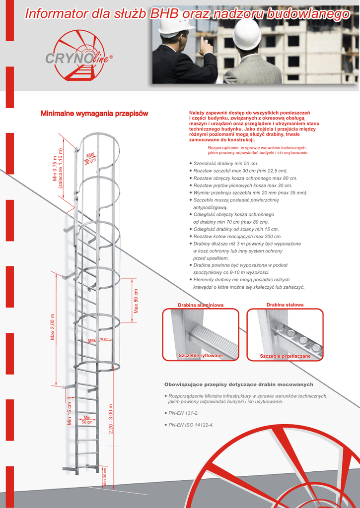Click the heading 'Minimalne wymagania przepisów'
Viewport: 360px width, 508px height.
tap(94, 114)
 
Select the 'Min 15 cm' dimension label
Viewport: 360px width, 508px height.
tap(70, 413)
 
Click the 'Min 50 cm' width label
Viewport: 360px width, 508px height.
tap(87, 419)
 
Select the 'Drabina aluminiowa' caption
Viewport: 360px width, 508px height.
tap(201, 305)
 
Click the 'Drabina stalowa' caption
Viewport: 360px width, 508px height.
tap(285, 305)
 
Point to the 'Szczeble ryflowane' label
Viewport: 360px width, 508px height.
tap(201, 356)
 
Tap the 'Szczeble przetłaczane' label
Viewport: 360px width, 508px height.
tap(285, 356)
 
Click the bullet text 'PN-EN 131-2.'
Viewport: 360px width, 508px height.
tap(183, 413)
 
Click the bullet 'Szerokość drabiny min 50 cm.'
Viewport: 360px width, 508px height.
tap(226, 163)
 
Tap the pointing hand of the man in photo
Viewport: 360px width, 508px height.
tap(205, 45)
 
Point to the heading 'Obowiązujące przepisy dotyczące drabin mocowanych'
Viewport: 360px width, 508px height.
tap(238, 384)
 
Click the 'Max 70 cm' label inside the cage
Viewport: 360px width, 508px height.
tap(98, 340)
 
